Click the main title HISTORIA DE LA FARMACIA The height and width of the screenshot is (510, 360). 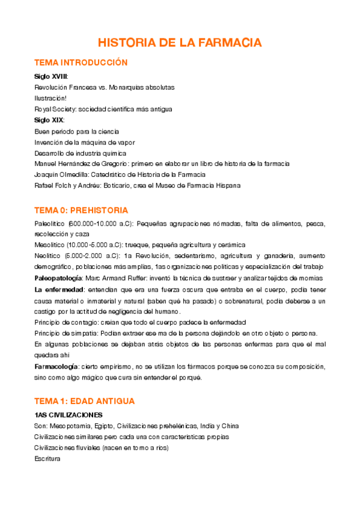(x=180, y=43)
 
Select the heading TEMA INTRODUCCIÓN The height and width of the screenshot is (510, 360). (x=81, y=63)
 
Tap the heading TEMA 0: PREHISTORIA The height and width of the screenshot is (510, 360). (x=81, y=210)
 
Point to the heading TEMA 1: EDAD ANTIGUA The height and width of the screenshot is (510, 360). (x=85, y=401)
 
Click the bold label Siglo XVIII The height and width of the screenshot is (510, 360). (x=51, y=76)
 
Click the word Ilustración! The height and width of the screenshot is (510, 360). (x=50, y=98)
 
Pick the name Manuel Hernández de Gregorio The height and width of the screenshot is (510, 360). (x=81, y=164)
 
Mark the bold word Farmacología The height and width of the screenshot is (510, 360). (x=56, y=366)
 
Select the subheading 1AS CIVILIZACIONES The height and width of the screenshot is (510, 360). (x=68, y=415)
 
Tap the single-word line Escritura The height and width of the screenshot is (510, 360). (x=47, y=458)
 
